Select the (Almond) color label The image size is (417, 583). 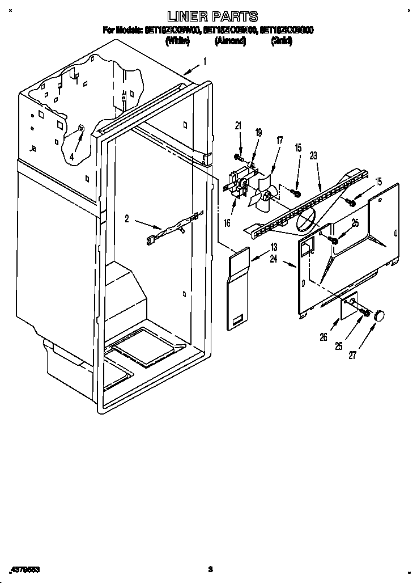(230, 41)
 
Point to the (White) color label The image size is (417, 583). (177, 41)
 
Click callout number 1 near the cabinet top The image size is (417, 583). (205, 61)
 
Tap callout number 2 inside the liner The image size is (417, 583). (127, 217)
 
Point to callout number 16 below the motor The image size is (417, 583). (227, 223)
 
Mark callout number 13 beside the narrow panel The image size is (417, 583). (274, 247)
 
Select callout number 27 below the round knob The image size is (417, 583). (352, 356)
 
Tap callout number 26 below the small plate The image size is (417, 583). (323, 337)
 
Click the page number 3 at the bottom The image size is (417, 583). (210, 568)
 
